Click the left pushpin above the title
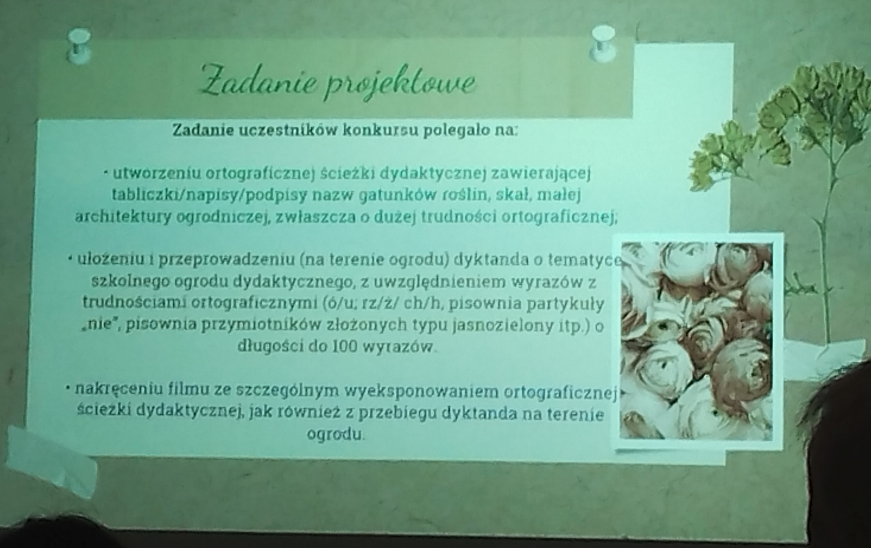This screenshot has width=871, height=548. tap(79, 47)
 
